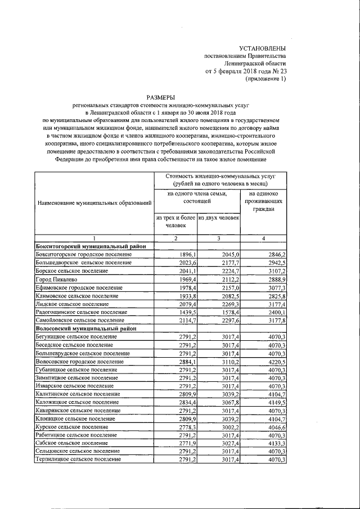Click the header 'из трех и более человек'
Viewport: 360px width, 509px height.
coord(175,221)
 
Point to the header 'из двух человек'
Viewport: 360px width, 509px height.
coord(219,218)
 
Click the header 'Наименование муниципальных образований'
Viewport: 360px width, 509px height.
coord(94,202)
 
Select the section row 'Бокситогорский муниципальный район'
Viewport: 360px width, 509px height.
coord(91,246)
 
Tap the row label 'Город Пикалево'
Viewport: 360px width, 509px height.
coord(55,279)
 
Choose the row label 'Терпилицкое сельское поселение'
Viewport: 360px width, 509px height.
coord(79,459)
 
